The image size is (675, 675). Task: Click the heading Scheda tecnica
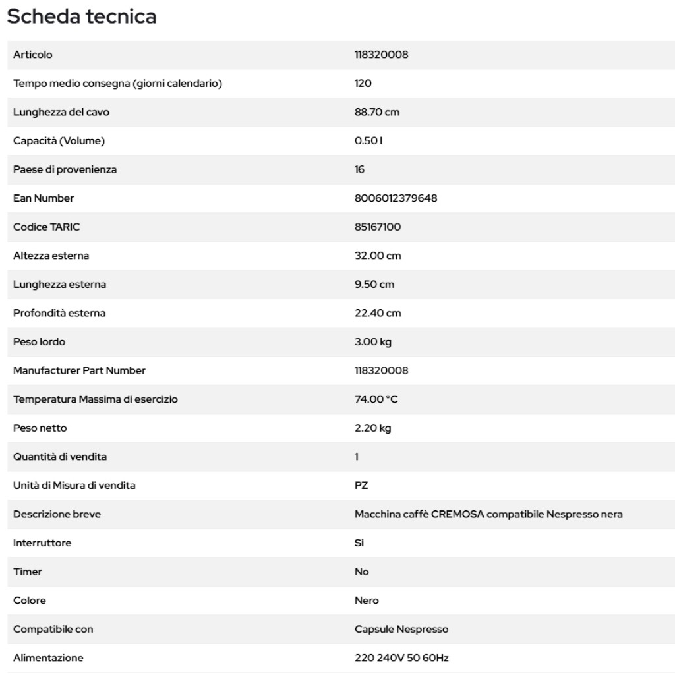point(82,16)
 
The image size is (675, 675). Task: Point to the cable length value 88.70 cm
point(377,112)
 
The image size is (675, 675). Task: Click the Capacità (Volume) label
point(59,141)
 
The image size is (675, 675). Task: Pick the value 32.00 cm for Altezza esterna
point(377,256)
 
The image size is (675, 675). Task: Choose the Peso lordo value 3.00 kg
point(374,342)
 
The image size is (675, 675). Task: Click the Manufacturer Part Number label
point(79,370)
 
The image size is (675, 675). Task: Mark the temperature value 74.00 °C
point(378,399)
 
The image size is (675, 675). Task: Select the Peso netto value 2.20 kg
point(373,428)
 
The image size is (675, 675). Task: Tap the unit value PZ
point(361,486)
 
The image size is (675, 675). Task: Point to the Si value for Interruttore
point(359,543)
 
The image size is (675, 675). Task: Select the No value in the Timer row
point(362,572)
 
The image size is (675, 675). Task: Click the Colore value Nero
point(367,601)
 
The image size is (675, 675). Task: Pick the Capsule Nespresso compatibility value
point(401,630)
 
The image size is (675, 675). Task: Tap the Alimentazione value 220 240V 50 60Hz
point(402,658)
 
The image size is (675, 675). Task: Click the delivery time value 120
point(363,84)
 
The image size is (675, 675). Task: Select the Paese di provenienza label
point(65,169)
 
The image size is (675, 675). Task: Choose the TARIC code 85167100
point(378,227)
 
